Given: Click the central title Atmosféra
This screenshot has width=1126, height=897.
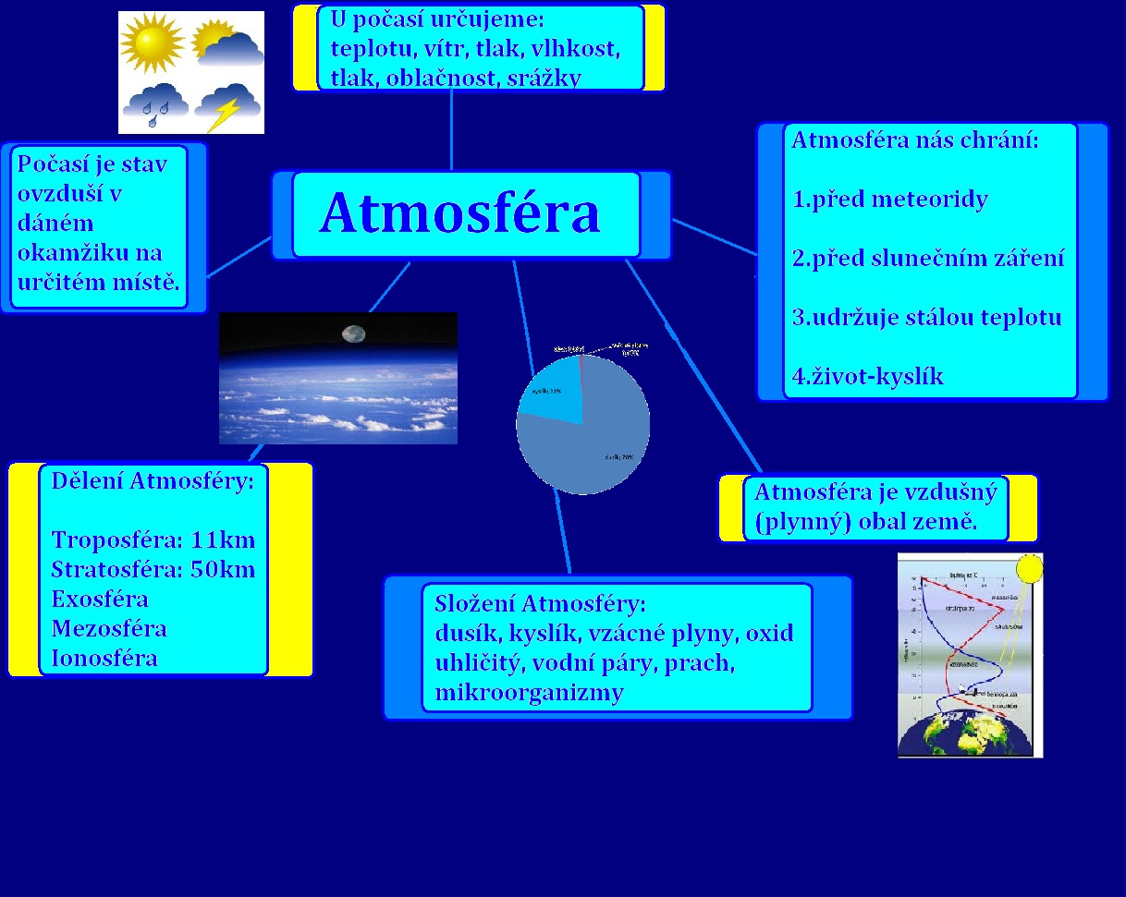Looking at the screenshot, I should click(x=459, y=213).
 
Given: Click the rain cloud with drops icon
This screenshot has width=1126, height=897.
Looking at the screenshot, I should click(x=155, y=104).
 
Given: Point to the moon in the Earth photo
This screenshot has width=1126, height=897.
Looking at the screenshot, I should click(x=354, y=333).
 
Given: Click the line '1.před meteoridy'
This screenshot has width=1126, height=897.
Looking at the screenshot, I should click(x=890, y=200).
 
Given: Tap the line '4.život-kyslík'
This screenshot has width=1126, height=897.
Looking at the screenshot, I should click(x=868, y=377).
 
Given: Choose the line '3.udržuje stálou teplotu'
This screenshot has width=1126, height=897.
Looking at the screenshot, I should click(x=927, y=318).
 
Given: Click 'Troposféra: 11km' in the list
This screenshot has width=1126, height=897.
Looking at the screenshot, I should click(x=153, y=539).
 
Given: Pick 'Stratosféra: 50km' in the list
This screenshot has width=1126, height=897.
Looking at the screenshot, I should click(x=153, y=569).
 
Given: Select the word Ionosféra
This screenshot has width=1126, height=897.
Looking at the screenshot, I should click(x=104, y=658).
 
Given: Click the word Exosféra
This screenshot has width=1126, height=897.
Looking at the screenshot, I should click(x=100, y=599).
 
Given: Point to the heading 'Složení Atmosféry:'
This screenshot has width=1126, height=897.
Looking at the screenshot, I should click(x=539, y=604).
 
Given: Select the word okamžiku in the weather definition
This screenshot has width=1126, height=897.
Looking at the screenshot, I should click(x=90, y=252).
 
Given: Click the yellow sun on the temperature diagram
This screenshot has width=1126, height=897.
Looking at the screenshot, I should click(x=1029, y=568).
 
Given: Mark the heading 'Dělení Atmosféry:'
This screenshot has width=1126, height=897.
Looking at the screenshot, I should click(x=153, y=481).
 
